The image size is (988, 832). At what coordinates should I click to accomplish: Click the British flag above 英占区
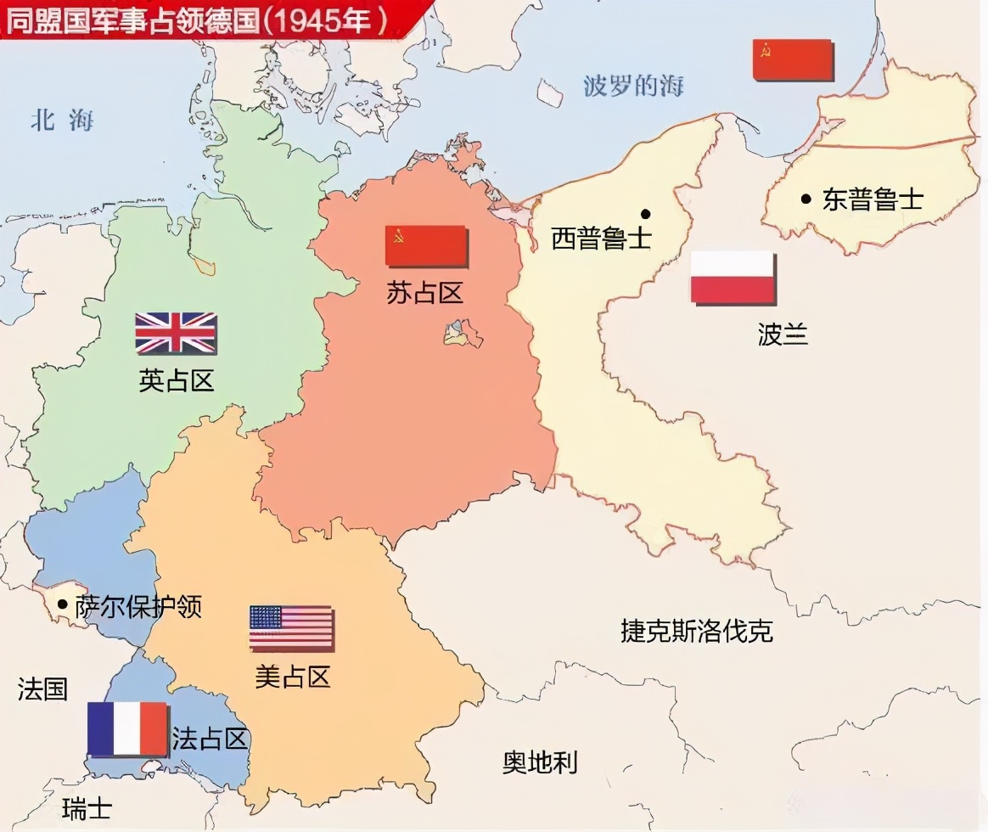point(176,332)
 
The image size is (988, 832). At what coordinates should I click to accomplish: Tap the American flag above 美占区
point(291,627)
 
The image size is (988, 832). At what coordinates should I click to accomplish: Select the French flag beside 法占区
point(127,728)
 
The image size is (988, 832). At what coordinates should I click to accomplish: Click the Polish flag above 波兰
point(733,277)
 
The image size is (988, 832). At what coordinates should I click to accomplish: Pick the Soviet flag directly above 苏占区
point(426,246)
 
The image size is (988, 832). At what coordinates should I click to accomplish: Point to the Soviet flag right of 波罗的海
point(793,59)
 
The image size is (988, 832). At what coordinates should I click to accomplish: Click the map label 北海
point(62,121)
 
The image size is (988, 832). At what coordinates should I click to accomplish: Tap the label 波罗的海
point(633,86)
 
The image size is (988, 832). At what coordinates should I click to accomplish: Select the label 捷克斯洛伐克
point(697,631)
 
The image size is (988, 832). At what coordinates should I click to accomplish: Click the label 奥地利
point(540,762)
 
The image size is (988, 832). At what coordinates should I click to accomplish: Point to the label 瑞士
point(87,807)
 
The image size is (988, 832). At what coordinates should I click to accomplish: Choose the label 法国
point(42,689)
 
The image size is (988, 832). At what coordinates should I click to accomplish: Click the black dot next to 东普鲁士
point(806,199)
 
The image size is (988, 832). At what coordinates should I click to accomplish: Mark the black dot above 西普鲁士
point(646,213)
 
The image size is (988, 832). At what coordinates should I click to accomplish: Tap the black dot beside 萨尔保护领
point(62,604)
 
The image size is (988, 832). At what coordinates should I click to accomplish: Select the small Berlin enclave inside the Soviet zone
point(462,333)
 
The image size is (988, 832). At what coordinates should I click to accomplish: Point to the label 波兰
point(782,334)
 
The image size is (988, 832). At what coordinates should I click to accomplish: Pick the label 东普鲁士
point(873,200)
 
